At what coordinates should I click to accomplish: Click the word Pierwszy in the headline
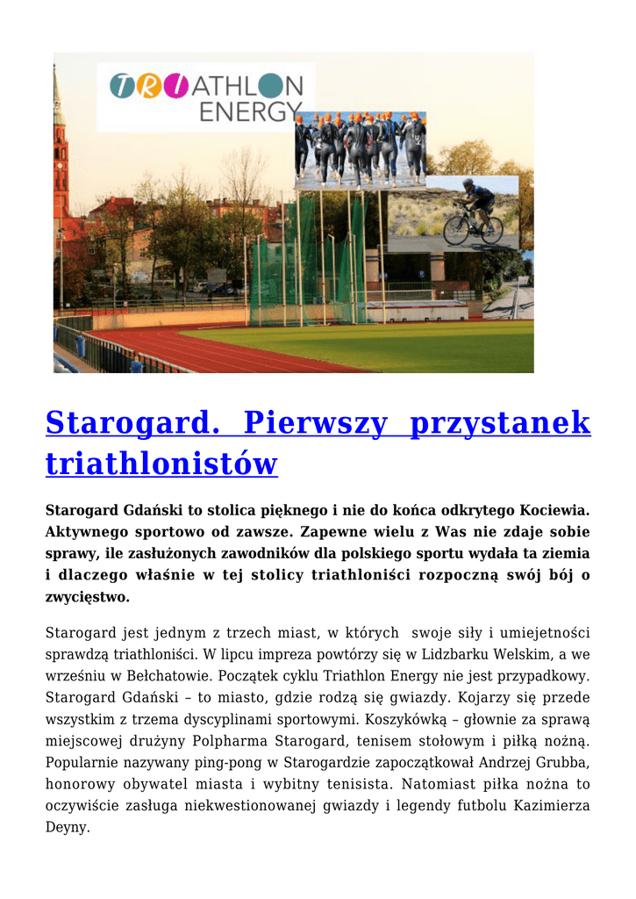[x=314, y=423]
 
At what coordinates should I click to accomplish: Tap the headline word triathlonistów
[x=161, y=463]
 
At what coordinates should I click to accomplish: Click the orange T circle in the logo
[x=123, y=86]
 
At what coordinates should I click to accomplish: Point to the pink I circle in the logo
[x=179, y=86]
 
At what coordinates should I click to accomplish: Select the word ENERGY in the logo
[x=250, y=111]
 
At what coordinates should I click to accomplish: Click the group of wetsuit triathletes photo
[x=360, y=149]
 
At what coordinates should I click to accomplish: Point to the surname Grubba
[x=560, y=763]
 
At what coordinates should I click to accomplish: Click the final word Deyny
[x=68, y=828]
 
